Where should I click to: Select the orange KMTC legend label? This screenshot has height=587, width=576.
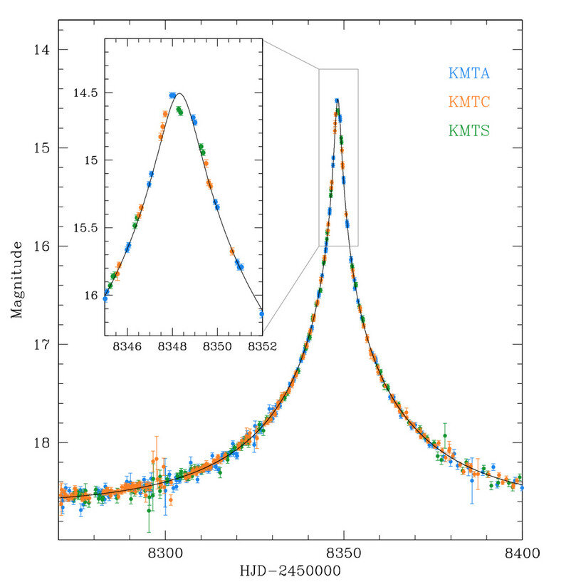click(469, 101)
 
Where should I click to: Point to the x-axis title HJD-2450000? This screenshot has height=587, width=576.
click(290, 571)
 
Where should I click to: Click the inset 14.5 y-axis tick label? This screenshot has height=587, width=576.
click(85, 93)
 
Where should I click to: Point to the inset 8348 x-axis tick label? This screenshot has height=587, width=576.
click(173, 347)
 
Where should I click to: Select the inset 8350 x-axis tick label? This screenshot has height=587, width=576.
click(218, 347)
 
